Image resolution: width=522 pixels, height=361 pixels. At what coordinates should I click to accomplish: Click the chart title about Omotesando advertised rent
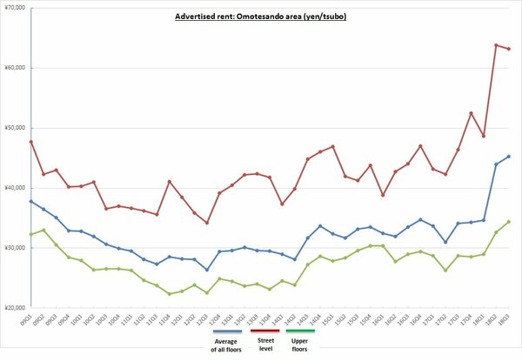click(x=260, y=16)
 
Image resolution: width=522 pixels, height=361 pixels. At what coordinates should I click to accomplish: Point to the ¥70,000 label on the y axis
click(x=15, y=8)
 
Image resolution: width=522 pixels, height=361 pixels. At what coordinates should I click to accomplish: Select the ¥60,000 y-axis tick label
click(x=15, y=68)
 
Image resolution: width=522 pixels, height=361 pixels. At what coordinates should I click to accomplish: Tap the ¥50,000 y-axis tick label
click(x=15, y=128)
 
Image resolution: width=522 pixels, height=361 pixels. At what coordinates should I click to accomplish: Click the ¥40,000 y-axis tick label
click(x=15, y=188)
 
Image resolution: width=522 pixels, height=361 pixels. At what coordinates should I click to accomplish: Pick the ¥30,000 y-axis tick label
click(x=15, y=248)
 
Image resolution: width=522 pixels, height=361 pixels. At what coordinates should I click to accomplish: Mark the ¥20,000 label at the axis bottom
click(x=15, y=308)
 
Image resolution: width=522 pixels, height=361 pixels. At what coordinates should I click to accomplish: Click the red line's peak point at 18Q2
click(x=496, y=45)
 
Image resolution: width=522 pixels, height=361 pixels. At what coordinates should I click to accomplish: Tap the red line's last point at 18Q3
click(x=509, y=48)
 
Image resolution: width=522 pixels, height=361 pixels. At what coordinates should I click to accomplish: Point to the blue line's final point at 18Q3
click(x=509, y=157)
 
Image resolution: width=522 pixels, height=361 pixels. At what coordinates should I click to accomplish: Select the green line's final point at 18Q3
click(x=509, y=222)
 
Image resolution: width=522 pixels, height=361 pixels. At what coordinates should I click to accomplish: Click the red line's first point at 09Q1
click(x=31, y=142)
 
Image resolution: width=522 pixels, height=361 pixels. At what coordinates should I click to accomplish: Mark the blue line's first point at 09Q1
click(x=31, y=201)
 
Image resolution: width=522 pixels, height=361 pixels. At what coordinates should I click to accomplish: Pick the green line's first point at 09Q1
click(x=31, y=234)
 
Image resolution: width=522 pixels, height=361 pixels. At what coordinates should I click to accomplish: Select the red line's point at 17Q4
click(x=471, y=113)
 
